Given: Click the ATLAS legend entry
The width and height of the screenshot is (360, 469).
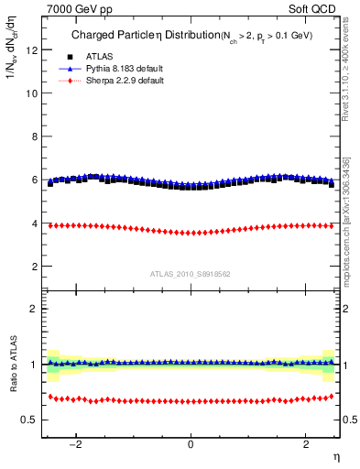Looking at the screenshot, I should [x=94, y=57].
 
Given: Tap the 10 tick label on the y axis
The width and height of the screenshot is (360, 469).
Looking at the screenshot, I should [x=33, y=93].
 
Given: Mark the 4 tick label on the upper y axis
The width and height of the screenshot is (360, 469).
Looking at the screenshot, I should [x=35, y=224].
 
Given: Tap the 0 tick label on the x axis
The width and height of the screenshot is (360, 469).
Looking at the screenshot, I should [x=191, y=444].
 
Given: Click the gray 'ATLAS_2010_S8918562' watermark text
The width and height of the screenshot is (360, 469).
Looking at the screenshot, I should [x=191, y=273].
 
